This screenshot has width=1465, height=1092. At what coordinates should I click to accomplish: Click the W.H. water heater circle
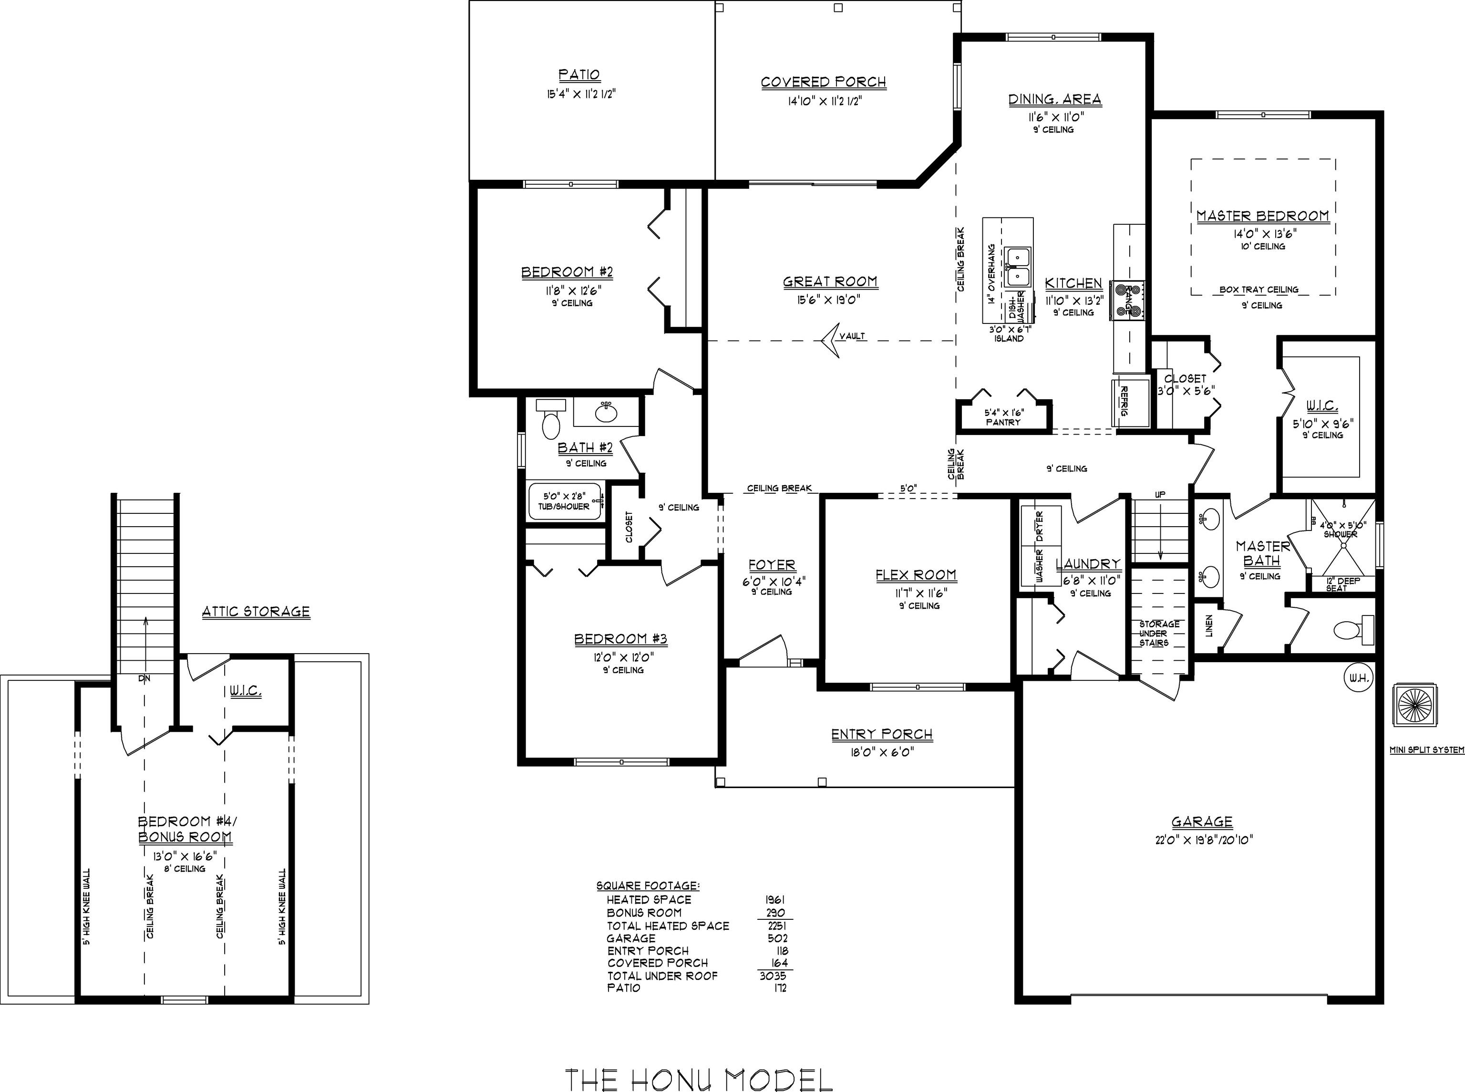coord(1359,678)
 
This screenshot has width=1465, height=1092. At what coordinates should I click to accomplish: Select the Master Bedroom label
coord(1263,216)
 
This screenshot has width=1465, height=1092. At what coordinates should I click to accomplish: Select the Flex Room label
coord(916,575)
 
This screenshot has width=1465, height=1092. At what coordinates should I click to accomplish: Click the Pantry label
coord(1003,422)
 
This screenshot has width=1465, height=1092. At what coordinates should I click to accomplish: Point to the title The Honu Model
coord(699,1080)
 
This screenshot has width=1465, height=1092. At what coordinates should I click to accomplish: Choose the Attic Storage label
coord(256,612)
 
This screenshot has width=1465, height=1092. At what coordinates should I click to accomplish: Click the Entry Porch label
coord(881,734)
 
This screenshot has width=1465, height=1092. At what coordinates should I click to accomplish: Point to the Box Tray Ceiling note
coord(1259,290)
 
